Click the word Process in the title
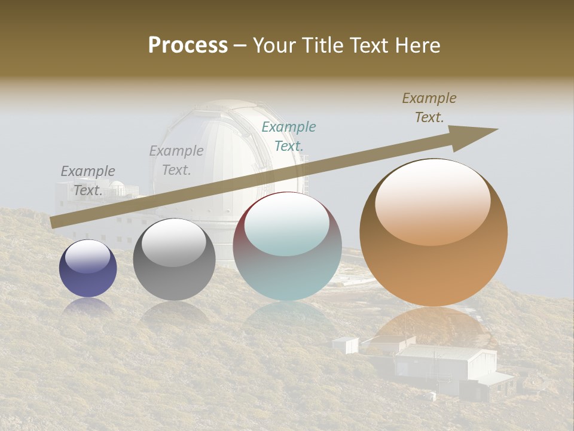[x=188, y=45]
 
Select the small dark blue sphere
[x=88, y=268]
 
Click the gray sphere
[x=174, y=259]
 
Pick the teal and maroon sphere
[x=287, y=246]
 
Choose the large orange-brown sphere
[x=433, y=232]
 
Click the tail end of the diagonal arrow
[x=55, y=222]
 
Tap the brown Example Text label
[x=429, y=108]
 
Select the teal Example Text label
[x=289, y=136]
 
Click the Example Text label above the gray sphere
[x=176, y=160]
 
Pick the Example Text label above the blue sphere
[x=88, y=180]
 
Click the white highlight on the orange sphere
[x=432, y=201]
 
